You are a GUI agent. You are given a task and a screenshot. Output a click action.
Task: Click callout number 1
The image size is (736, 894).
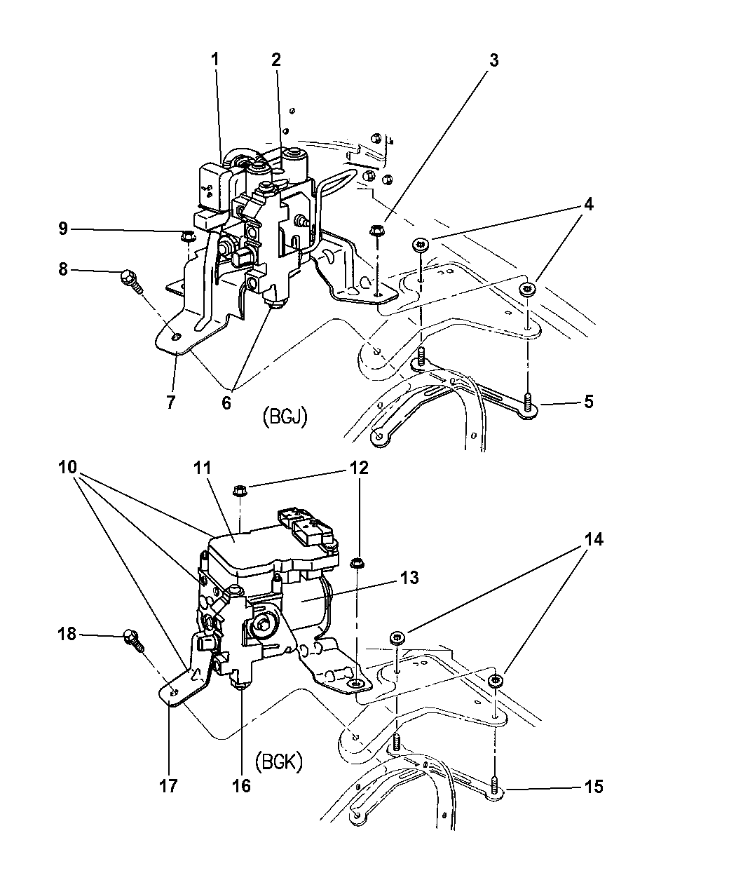pos(214,60)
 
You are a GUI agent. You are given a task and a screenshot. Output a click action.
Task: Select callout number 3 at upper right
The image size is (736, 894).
pos(493,61)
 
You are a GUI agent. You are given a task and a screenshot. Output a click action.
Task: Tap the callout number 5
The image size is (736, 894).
pos(589,402)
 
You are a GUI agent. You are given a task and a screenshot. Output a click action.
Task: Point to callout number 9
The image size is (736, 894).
pos(63,229)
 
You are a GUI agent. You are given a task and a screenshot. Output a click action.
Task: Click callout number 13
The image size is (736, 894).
pos(409,578)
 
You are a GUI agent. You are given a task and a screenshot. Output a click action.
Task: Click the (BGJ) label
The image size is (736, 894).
pos(285,417)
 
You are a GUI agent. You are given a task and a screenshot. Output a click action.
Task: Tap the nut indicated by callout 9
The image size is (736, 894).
pos(187,236)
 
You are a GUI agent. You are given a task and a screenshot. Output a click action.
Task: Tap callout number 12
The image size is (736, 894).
pos(359,468)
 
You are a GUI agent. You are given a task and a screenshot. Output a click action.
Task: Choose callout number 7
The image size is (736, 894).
pos(171,402)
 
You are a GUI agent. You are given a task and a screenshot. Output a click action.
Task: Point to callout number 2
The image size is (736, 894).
pos(276,60)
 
